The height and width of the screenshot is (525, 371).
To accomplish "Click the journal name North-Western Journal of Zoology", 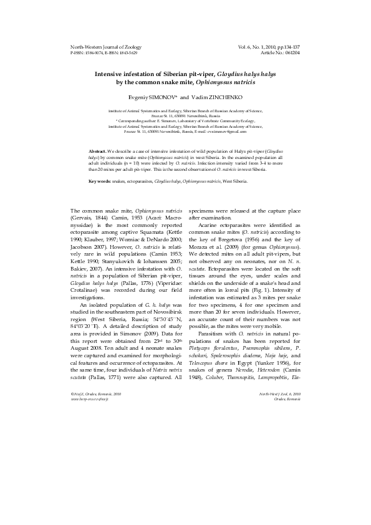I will point(106,47).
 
